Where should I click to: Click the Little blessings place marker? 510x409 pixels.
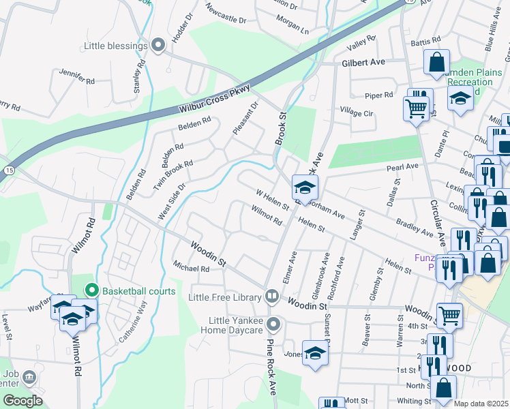coord(158,46)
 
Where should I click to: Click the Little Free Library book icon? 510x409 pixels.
coord(272,297)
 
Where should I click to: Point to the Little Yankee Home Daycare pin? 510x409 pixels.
coord(273,324)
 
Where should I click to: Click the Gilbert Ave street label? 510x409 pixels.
coord(363,62)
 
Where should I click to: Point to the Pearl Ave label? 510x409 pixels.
coord(402,166)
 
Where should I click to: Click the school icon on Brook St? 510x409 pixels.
coord(305,185)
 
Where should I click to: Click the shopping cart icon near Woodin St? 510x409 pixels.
coord(449,315)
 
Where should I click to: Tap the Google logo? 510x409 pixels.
coord(22,400)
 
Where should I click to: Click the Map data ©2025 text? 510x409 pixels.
coord(481,404)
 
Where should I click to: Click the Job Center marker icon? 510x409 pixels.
coord(29,376)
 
